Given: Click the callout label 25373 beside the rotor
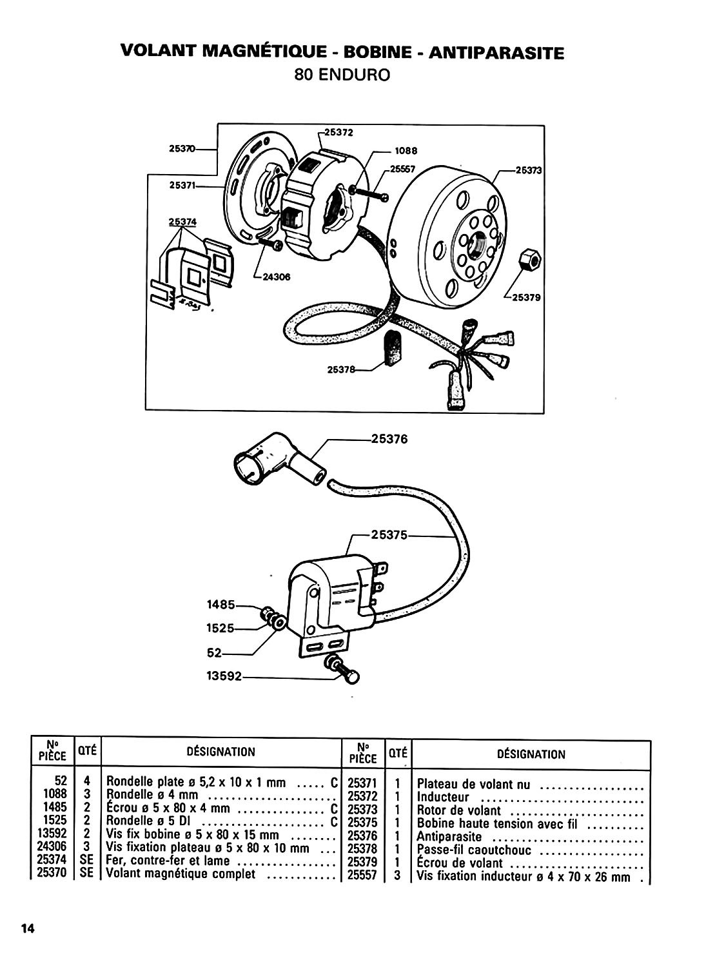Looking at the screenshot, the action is click(528, 170).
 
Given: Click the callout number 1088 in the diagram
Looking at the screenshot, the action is click(406, 151).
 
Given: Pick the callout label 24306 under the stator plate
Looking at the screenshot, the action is click(277, 277).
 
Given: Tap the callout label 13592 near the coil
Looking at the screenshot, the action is click(224, 676).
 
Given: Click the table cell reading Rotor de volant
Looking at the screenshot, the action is click(458, 810).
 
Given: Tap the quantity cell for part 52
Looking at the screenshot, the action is click(87, 782).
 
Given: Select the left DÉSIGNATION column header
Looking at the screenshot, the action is click(221, 752).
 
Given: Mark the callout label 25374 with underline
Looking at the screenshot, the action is click(182, 222).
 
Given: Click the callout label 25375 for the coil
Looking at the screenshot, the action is click(389, 535).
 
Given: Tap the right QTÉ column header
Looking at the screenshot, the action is click(398, 754).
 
